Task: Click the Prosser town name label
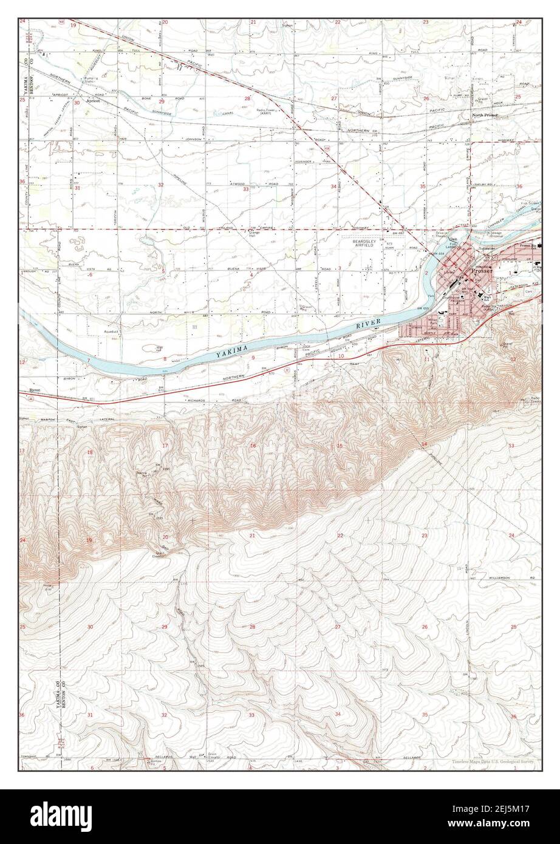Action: click(482, 271)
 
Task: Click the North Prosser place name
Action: click(485, 115)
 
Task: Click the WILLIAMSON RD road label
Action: click(508, 577)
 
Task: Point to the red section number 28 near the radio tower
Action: click(247, 98)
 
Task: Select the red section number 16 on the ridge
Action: click(252, 446)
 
